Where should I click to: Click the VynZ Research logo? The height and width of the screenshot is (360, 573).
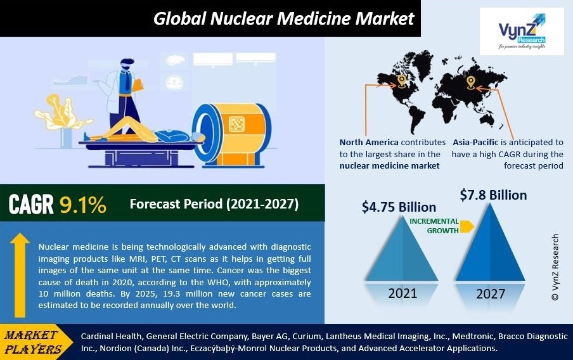pos(522,32)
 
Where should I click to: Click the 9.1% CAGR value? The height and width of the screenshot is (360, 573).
pos(83,205)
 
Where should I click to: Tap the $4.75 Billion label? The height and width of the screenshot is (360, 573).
pos(399,207)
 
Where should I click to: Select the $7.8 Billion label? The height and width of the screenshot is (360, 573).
pos(493,195)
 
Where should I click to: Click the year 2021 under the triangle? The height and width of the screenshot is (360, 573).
pos(402,293)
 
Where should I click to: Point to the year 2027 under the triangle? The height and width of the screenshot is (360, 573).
pos(491,294)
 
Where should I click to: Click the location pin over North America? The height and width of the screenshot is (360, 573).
pos(402,81)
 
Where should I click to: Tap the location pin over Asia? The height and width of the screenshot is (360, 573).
pos(470,83)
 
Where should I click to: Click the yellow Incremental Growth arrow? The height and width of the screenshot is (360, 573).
pos(467,227)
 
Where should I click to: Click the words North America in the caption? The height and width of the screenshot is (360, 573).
pos(369,142)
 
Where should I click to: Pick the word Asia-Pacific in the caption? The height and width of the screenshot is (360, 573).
pos(475,142)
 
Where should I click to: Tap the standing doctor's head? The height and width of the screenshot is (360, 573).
pos(127,65)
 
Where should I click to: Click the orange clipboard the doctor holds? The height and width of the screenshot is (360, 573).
pos(138,86)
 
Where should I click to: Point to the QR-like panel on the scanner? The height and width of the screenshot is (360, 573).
pos(237,124)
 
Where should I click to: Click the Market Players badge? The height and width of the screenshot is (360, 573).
pos(34,342)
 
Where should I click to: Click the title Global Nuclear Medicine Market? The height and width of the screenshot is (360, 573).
pos(283,18)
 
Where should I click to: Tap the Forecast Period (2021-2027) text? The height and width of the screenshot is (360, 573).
pos(214,204)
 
